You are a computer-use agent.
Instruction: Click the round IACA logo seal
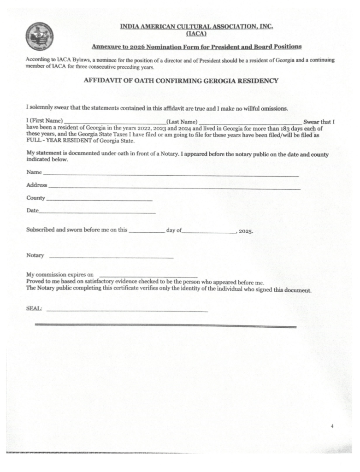(40, 36)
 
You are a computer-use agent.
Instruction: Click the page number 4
(332, 426)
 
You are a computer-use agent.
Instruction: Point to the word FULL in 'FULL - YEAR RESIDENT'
(34, 142)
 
